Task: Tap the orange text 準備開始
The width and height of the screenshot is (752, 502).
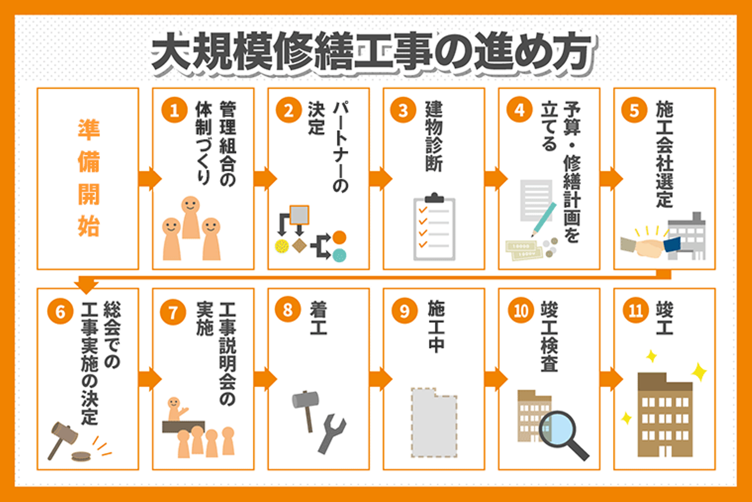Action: coord(89,178)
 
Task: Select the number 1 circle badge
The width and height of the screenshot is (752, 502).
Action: coord(174,110)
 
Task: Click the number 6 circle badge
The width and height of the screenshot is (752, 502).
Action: coord(60,311)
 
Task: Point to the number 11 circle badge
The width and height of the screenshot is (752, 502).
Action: coord(635,311)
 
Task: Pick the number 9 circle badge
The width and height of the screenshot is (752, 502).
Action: coord(405,311)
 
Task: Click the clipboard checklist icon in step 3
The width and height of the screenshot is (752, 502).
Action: coord(434,227)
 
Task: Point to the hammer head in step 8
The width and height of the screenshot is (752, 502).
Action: coord(305,400)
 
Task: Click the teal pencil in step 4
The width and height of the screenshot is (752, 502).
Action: coord(544,219)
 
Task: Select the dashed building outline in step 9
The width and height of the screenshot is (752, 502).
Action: coord(434,423)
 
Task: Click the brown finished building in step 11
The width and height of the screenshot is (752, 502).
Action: coord(665,415)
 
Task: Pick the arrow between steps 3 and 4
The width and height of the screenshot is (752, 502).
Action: coord(496,178)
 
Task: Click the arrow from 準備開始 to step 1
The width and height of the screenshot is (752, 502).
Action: coord(150,178)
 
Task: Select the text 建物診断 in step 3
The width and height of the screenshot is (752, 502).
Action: coord(434,136)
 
